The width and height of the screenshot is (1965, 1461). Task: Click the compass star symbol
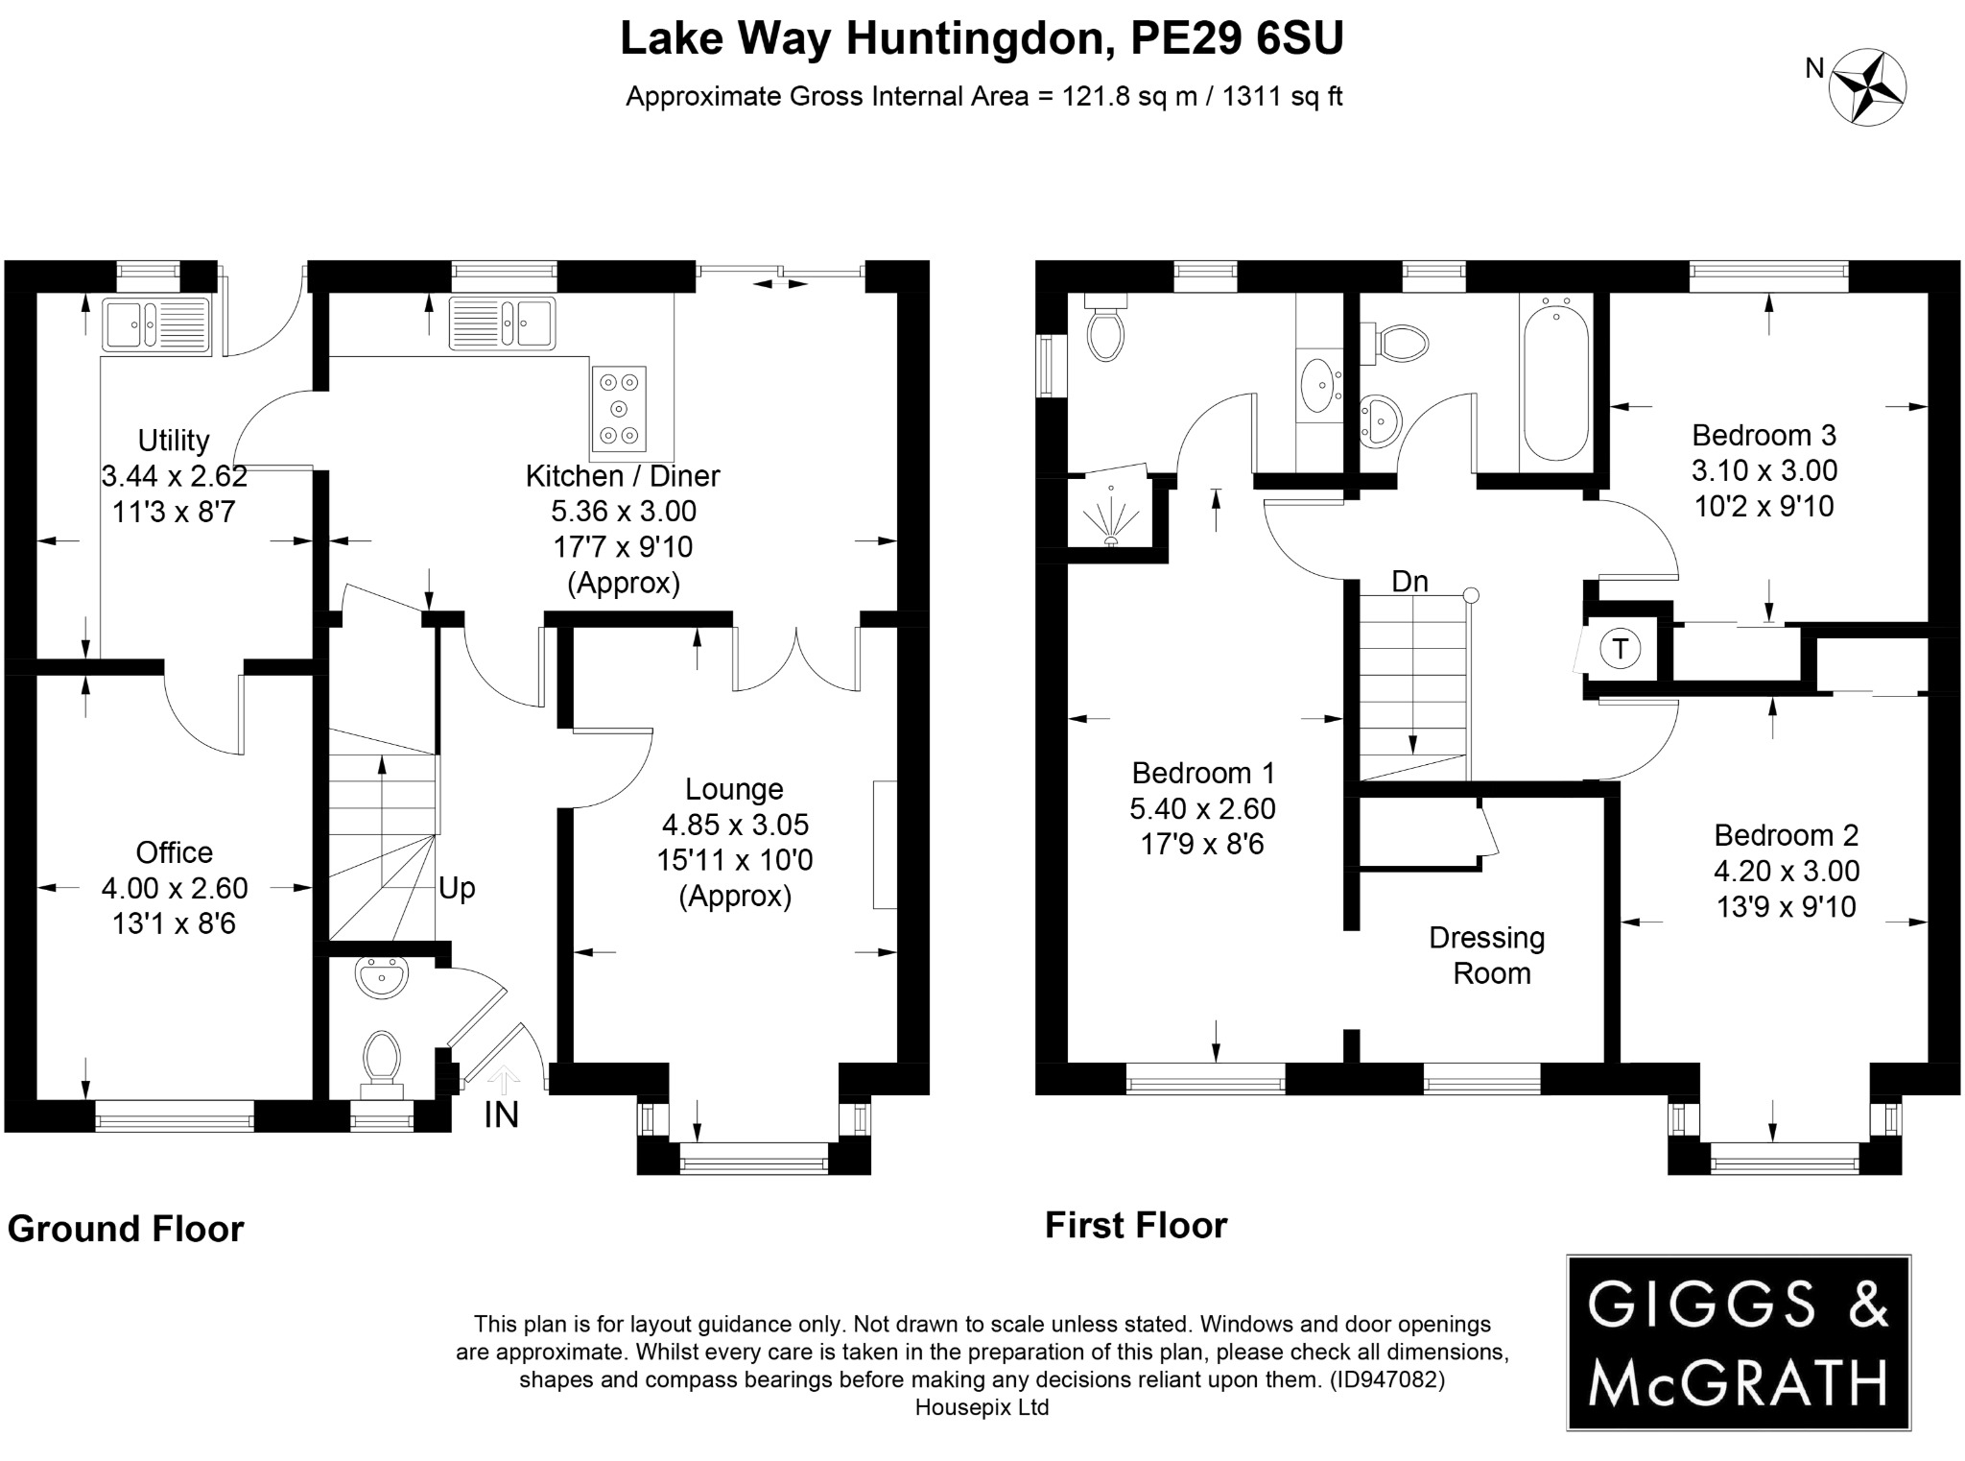coord(1866,88)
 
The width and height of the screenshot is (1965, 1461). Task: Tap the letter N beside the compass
coord(1814,69)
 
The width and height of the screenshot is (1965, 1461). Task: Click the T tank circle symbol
coord(1621,650)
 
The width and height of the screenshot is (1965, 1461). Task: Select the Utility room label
coord(174,441)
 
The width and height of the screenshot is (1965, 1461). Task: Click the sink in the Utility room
coord(156,323)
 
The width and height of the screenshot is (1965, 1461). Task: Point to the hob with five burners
coord(619,409)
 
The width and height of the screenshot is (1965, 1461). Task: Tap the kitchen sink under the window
coord(502,323)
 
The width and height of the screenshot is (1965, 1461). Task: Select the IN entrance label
coord(501,1115)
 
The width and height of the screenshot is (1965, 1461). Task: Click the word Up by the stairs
coord(457,888)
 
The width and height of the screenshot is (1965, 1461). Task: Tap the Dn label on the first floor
coord(1409,582)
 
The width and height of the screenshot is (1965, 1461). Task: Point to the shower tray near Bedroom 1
coord(1112,513)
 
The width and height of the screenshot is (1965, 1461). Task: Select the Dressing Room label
coord(1487,955)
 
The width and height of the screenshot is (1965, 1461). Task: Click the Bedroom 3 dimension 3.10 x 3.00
coord(1764,470)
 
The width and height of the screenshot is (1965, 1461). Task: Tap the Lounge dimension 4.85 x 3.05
coord(735,825)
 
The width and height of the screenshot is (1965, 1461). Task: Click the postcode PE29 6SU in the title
coord(1237,38)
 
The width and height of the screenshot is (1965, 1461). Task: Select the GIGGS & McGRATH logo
coord(1738,1342)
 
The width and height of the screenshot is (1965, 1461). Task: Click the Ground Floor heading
coord(126,1229)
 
